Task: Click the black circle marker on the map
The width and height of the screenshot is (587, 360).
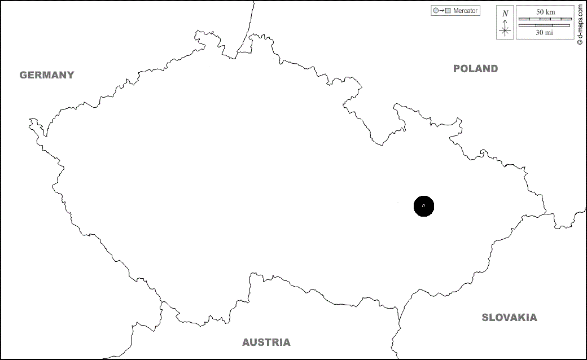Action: coord(424,207)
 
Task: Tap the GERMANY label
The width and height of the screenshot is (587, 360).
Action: coord(47,75)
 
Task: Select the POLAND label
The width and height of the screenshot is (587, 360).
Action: coord(476,69)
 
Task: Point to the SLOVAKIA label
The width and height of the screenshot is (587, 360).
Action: coord(509,318)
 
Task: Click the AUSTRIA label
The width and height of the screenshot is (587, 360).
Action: coord(266,343)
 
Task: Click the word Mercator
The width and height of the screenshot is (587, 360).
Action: coord(466,11)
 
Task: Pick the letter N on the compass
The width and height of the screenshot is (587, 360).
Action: coord(505,13)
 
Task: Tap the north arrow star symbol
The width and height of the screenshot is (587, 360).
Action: coord(505,30)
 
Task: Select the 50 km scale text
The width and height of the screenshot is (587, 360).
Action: coord(545,12)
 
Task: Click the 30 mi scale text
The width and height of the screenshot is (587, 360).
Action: coord(545,33)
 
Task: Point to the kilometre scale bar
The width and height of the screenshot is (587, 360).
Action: coord(545,19)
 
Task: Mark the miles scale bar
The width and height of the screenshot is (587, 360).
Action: coord(545,25)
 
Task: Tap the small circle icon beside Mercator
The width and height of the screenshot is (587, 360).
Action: coord(435,11)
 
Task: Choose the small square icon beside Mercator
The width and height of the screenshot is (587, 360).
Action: coord(448,11)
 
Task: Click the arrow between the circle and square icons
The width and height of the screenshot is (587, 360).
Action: coord(441,11)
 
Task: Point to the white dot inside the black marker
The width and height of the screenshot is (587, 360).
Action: coord(424,207)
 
